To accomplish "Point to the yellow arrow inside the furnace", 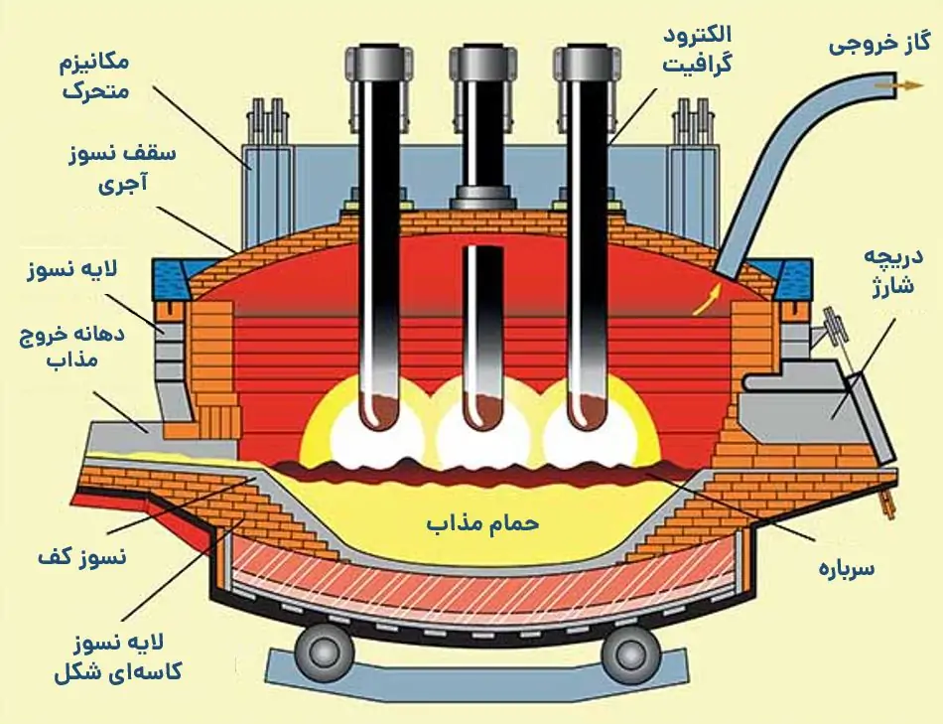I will pyautogui.click(x=704, y=301).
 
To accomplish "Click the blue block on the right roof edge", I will pyautogui.click(x=789, y=279).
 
